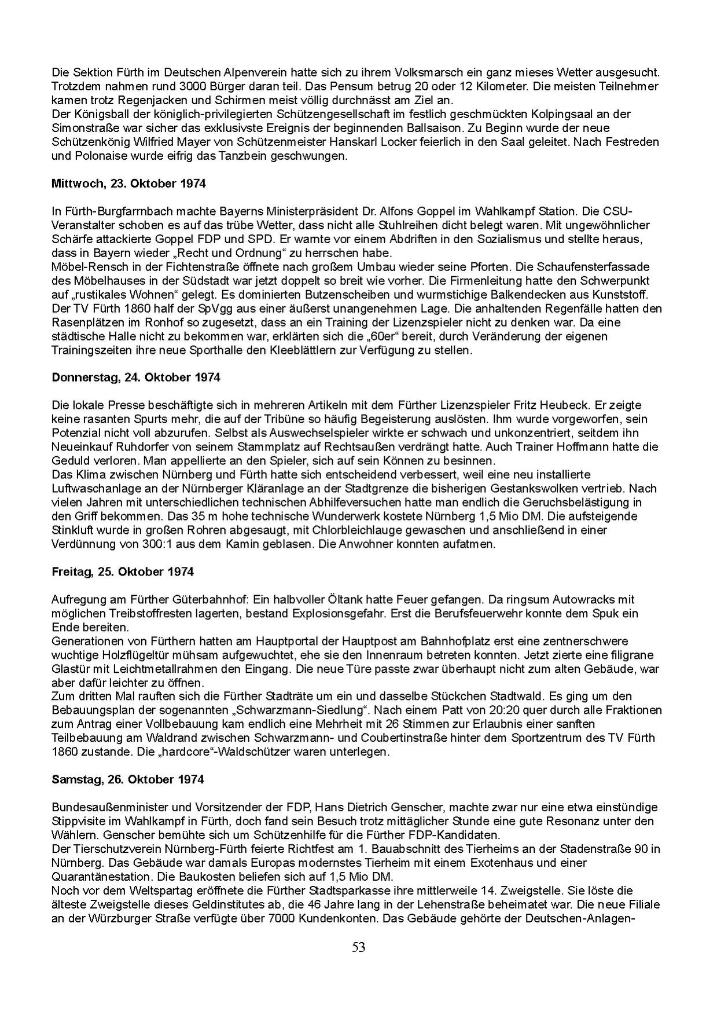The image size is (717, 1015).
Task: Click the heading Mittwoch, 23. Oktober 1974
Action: click(x=128, y=184)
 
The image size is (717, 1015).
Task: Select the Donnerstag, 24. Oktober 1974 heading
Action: click(x=136, y=378)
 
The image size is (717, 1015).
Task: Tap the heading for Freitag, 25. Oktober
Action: click(x=122, y=571)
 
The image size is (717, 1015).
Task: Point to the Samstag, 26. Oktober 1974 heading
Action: click(x=128, y=779)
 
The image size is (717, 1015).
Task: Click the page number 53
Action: click(x=358, y=947)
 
